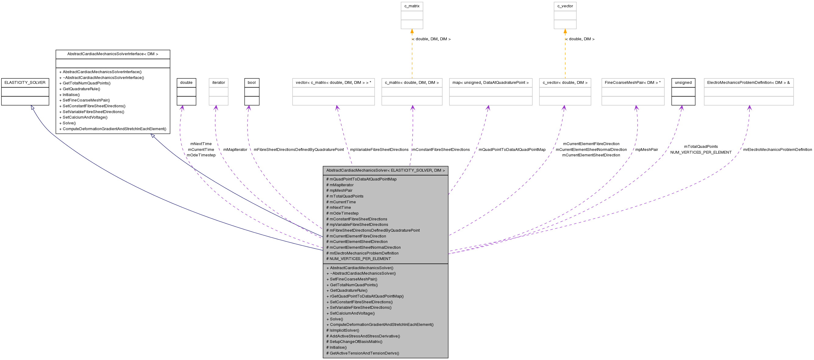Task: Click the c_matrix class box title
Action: (x=412, y=6)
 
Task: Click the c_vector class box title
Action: (x=565, y=6)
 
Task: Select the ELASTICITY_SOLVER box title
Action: (x=25, y=83)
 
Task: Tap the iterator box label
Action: (x=218, y=83)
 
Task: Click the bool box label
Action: (x=251, y=83)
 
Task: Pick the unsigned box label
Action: (x=683, y=83)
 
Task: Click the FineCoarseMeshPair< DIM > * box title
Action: (x=632, y=83)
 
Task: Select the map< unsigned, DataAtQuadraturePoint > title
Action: (x=490, y=83)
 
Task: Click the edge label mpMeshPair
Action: (x=646, y=149)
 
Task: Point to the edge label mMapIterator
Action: (x=235, y=149)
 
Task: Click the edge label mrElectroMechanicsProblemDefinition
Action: (x=777, y=149)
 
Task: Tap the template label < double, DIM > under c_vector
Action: (x=580, y=39)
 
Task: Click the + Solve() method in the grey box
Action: (x=336, y=319)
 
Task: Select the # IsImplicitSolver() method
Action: (x=343, y=330)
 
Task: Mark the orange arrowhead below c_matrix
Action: (x=412, y=31)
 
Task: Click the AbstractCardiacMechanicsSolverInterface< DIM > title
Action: (x=112, y=54)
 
